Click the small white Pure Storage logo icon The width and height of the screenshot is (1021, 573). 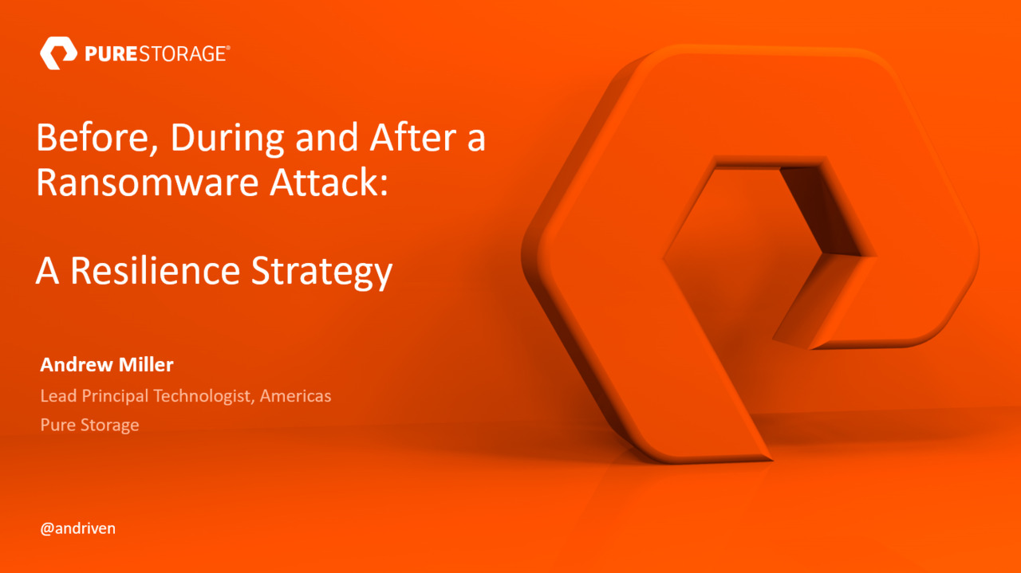(58, 53)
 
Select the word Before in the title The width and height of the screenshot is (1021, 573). (88, 139)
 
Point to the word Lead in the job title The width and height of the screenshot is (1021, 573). (57, 395)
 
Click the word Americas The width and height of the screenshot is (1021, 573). (296, 395)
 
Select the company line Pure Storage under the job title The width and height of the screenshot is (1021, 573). (89, 425)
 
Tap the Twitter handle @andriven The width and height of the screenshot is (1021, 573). (77, 528)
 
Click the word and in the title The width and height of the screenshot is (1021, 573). (325, 139)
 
